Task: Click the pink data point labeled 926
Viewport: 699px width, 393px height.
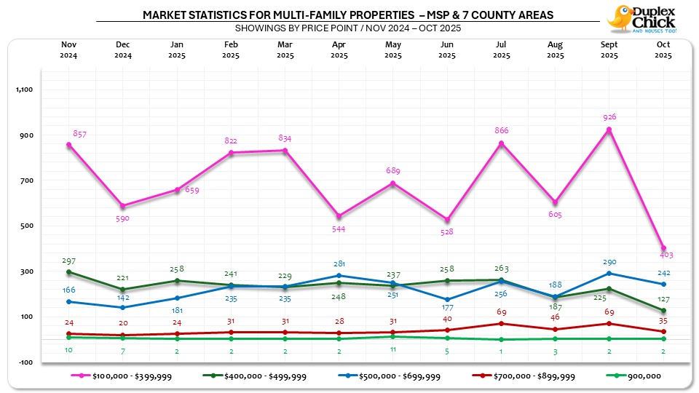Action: point(609,130)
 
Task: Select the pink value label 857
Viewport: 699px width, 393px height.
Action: point(80,135)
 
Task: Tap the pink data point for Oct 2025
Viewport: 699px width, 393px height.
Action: point(663,248)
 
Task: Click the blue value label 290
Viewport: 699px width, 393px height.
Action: point(609,262)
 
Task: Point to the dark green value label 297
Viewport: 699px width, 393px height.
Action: point(69,261)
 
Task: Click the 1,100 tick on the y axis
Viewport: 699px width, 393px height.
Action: point(25,90)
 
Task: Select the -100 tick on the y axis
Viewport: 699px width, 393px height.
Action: point(25,362)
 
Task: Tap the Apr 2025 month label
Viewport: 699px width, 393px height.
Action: point(339,49)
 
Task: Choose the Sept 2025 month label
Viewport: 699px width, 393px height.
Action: point(609,49)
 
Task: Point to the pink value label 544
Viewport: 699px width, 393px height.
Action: point(339,229)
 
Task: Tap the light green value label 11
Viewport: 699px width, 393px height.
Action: point(393,349)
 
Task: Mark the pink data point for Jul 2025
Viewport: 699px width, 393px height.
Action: point(501,143)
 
